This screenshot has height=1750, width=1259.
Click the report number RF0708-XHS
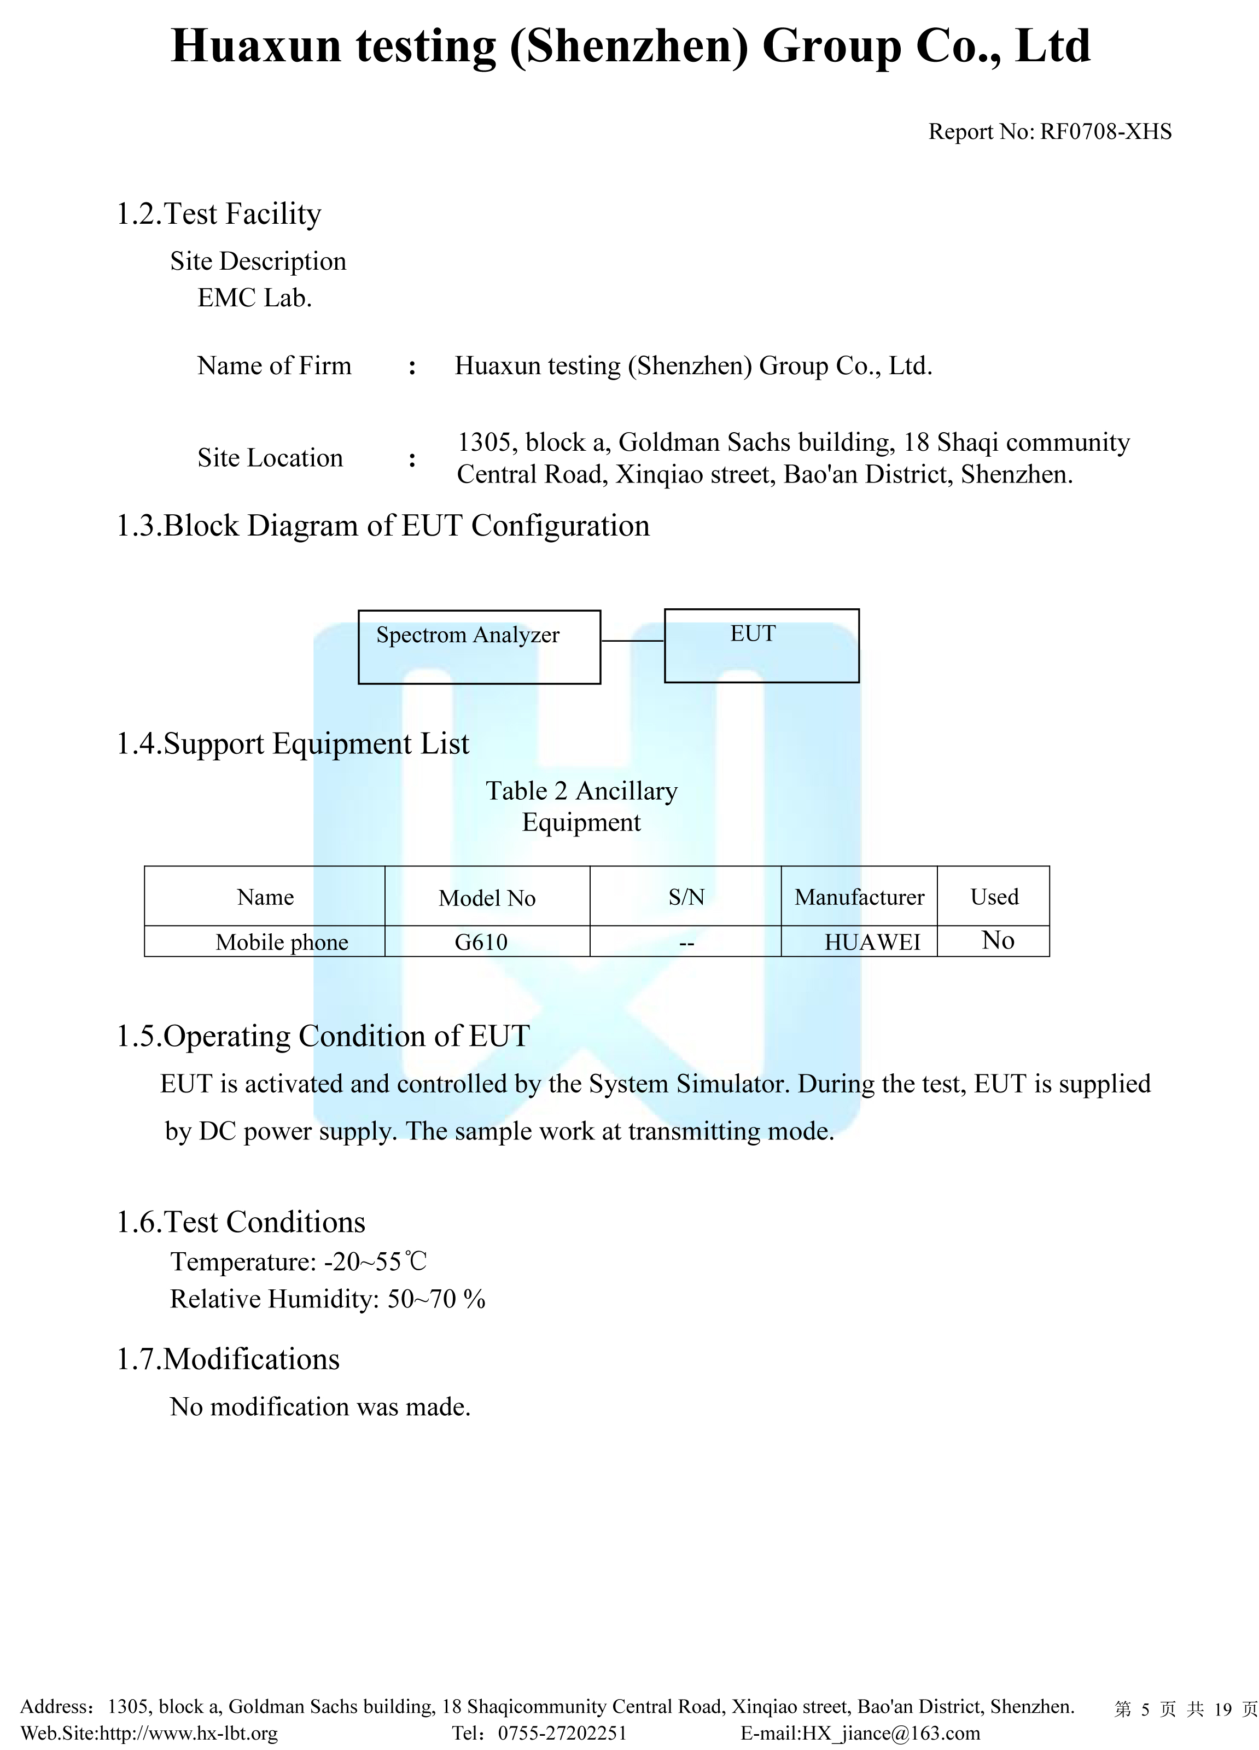tap(1105, 132)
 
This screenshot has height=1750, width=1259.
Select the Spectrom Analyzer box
tap(479, 647)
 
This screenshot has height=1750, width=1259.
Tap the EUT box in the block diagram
tap(761, 646)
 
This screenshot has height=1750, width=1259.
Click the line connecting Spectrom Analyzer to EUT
tap(633, 641)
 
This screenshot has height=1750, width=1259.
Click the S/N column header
tap(686, 897)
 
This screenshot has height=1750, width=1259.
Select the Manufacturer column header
tap(859, 897)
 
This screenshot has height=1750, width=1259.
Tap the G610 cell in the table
tap(481, 942)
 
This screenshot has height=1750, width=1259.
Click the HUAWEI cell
tap(872, 942)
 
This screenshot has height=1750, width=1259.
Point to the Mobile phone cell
tap(282, 942)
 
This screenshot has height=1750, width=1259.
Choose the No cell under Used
tap(998, 940)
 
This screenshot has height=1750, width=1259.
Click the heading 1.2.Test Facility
tap(218, 214)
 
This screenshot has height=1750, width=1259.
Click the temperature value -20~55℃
tap(375, 1261)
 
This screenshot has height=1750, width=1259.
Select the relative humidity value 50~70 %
tap(436, 1299)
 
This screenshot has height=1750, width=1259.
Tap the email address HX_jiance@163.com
tap(891, 1733)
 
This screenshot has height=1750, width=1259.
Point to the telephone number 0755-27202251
tap(562, 1733)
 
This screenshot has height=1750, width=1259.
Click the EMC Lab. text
tap(254, 298)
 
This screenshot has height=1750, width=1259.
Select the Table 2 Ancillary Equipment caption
tap(582, 806)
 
